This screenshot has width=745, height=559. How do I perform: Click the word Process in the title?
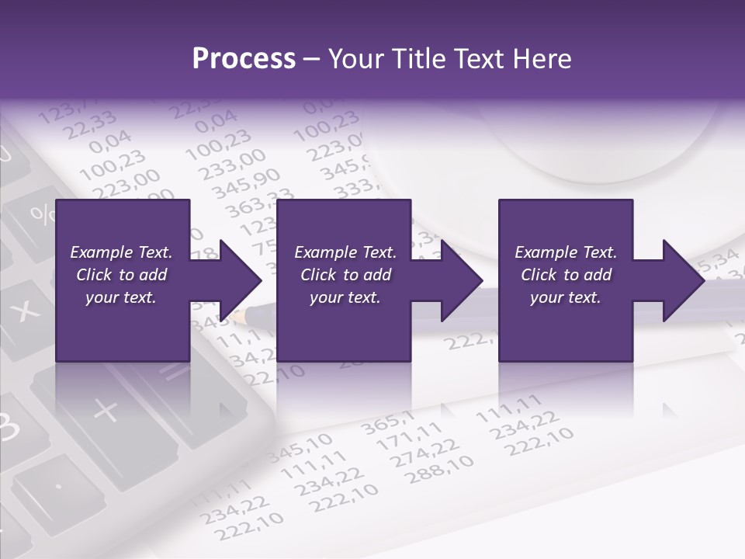pos(244,59)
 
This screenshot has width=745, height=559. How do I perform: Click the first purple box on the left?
pos(123,279)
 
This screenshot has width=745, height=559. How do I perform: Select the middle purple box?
pos(344,279)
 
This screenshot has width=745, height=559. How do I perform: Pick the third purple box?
pos(565,279)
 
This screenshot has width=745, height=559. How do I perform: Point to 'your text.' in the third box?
pos(565,297)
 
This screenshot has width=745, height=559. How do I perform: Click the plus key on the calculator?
pos(106,409)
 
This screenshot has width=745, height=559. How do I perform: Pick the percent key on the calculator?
pos(38,213)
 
